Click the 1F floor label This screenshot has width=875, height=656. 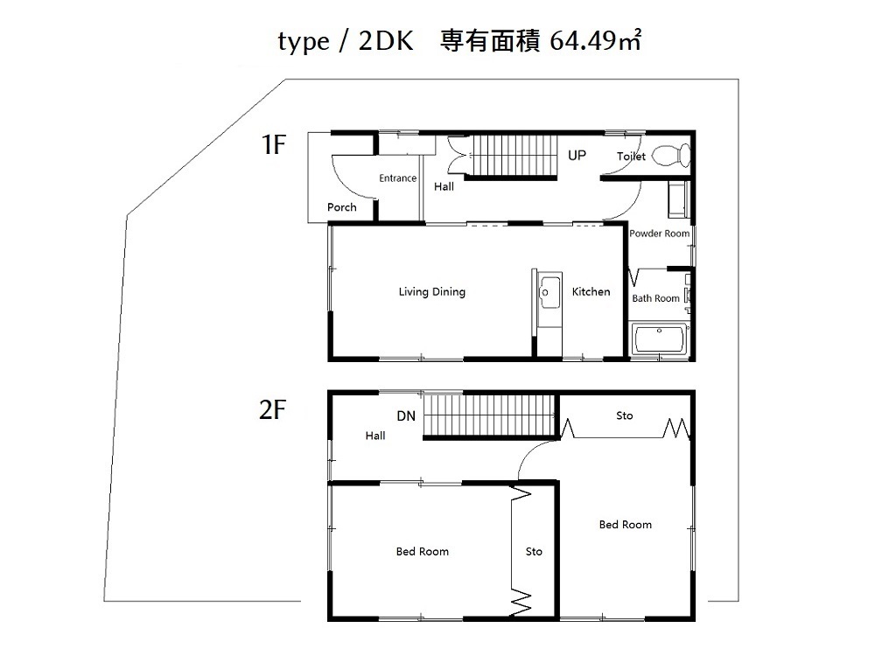[x=274, y=144]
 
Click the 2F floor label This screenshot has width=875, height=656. [x=273, y=409]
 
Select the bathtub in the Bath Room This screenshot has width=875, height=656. [x=660, y=338]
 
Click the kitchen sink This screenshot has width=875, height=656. [x=549, y=292]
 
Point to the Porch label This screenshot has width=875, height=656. [x=341, y=207]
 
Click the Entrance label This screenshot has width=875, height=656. [x=398, y=178]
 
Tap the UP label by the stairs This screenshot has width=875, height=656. [x=577, y=155]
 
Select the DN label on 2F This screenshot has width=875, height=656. [x=406, y=415]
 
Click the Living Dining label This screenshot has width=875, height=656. [x=432, y=292]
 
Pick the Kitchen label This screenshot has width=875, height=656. [x=591, y=291]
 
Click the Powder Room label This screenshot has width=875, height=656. [x=660, y=234]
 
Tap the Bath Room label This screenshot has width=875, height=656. [x=655, y=298]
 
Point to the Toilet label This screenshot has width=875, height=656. [x=631, y=157]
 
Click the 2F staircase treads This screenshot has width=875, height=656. [x=489, y=415]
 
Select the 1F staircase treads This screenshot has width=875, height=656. [x=514, y=155]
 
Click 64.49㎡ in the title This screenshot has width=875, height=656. [x=595, y=40]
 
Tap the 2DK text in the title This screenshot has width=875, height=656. [x=386, y=41]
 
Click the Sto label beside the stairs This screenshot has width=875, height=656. [x=625, y=415]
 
